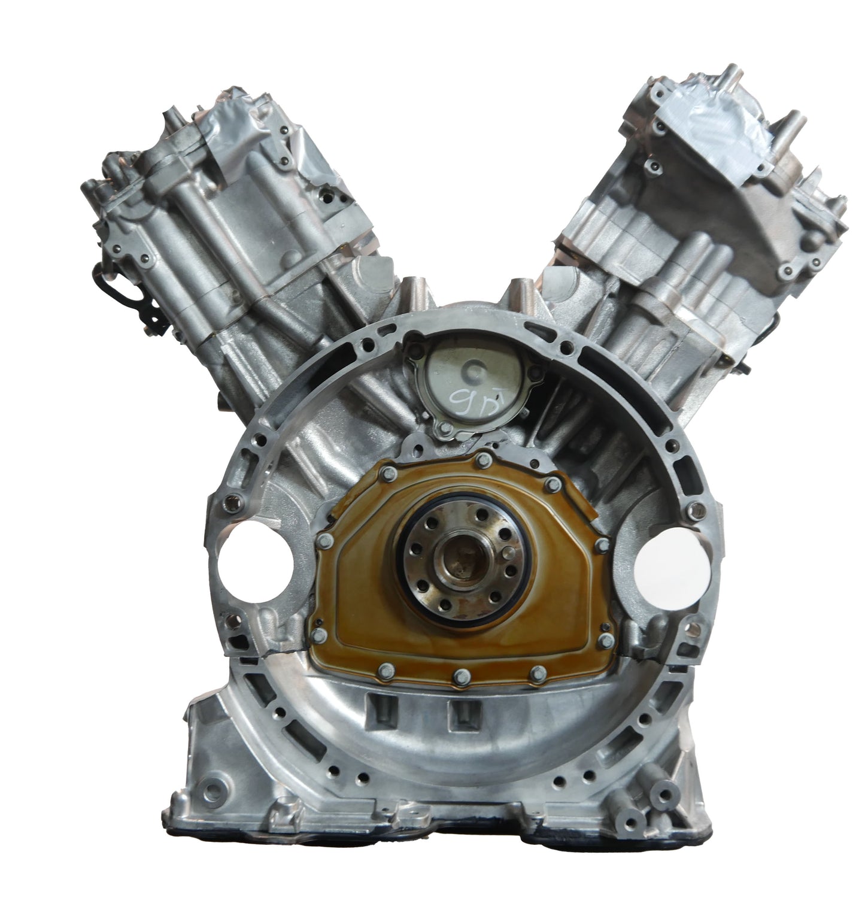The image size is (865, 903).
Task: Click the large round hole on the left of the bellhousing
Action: pyautogui.click(x=256, y=558)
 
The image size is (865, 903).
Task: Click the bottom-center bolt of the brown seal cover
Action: pyautogui.click(x=460, y=677)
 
